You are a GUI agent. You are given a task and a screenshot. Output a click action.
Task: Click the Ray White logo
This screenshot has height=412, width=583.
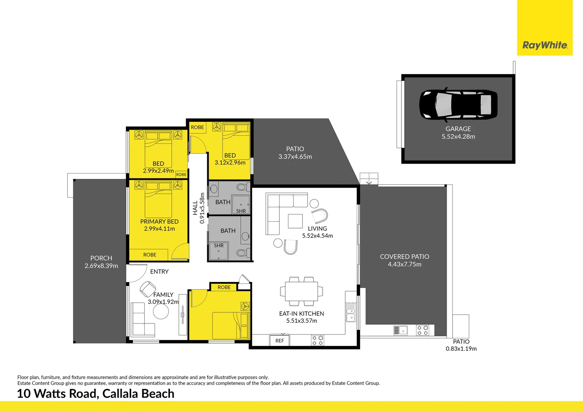[x=545, y=45]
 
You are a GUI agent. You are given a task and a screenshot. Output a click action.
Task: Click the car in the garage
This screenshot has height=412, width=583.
[x=458, y=105]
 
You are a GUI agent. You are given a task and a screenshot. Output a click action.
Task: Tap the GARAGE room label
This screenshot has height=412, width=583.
[x=458, y=129]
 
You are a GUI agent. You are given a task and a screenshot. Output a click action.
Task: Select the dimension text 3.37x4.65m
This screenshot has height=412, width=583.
[x=295, y=157]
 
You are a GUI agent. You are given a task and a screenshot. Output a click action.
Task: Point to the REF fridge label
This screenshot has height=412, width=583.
[x=280, y=341]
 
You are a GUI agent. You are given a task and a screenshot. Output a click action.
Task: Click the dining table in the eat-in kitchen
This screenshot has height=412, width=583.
[x=301, y=291]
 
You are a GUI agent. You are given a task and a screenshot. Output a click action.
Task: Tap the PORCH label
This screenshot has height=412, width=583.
[x=101, y=258]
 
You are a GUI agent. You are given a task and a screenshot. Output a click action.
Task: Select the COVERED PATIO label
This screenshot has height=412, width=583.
[x=404, y=257]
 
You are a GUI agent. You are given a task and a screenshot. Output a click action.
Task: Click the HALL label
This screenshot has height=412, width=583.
[x=195, y=208]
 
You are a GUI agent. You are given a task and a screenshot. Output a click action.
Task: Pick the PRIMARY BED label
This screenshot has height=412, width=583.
[x=159, y=222]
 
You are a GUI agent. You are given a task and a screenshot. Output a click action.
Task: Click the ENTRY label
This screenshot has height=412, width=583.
[x=159, y=272]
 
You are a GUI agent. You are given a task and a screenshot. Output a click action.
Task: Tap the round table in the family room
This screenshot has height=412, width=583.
[x=161, y=312]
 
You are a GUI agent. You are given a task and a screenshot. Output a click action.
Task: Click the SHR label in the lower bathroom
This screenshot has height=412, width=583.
[x=219, y=246]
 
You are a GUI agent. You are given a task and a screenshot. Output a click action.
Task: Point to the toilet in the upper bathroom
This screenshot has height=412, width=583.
[x=242, y=187]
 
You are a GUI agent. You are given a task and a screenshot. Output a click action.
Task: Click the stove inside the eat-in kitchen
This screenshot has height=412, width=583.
[x=317, y=340]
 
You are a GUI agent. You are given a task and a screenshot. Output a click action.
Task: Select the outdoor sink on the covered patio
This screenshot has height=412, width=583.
[x=400, y=330]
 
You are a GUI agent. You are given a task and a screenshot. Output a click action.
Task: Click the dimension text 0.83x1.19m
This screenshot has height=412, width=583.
[x=461, y=349]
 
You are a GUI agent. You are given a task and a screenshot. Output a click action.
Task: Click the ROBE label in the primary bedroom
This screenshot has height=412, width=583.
[x=150, y=255]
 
